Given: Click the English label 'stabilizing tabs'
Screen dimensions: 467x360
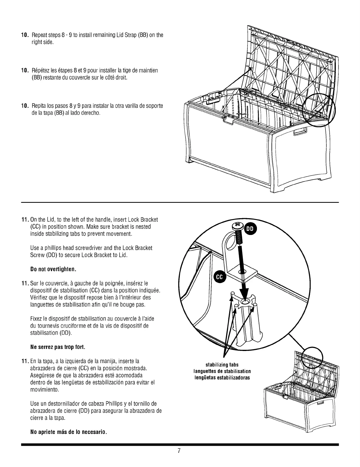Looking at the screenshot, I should pos(222,365).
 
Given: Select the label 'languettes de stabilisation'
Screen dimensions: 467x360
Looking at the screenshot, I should pos(222,371).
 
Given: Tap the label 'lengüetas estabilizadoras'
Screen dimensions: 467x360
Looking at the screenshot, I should pos(222,378).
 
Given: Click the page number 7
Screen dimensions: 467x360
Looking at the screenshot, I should pos(179,451).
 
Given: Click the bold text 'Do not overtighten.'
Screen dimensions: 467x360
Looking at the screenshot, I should pos(53,269).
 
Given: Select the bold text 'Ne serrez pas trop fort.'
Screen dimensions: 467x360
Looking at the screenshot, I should pos(58,347).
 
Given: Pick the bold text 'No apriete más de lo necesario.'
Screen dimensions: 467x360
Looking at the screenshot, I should pos(69,432).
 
